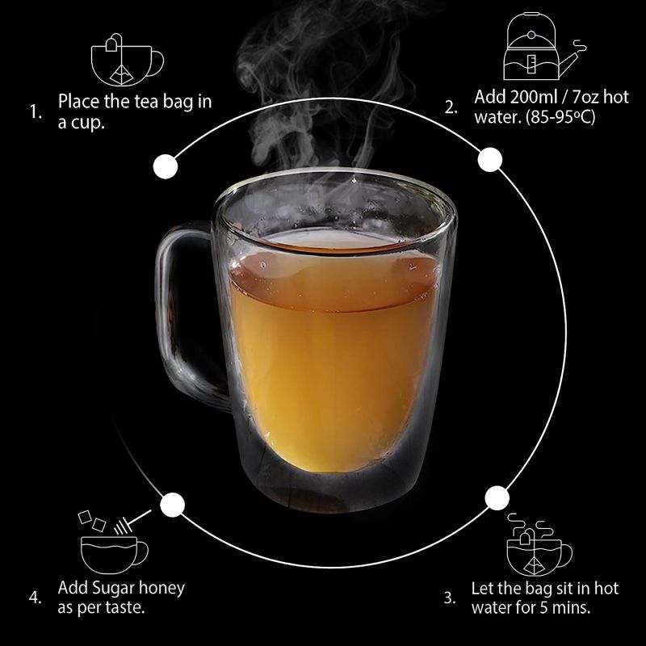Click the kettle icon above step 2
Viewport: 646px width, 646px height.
point(543,46)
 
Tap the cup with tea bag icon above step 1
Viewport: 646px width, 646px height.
point(127,60)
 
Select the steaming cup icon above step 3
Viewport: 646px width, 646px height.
point(539,544)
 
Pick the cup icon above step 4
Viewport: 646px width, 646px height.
point(114,542)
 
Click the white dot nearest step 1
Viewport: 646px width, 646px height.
point(166,167)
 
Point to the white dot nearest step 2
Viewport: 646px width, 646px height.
point(490,159)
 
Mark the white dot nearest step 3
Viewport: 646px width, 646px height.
point(497,497)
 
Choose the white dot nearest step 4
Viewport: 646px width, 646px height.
point(172,505)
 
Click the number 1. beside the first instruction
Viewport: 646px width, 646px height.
point(36,112)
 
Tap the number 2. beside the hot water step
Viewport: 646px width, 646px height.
point(451,108)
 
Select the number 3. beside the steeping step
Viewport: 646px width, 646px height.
point(450,598)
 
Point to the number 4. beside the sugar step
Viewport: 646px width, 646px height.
point(36,598)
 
